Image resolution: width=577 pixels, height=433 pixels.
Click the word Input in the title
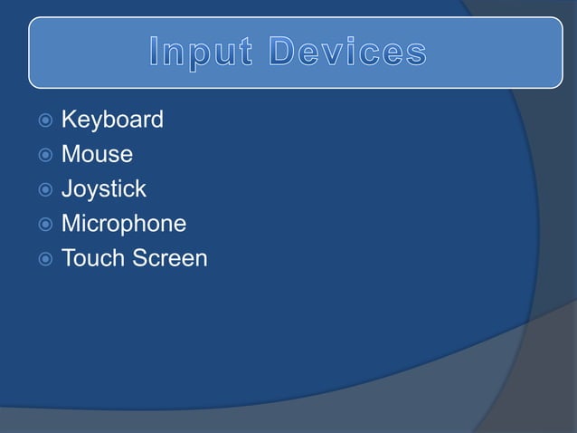click(199, 53)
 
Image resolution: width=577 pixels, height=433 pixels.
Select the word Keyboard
click(112, 120)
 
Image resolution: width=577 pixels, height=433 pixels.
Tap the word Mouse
click(97, 154)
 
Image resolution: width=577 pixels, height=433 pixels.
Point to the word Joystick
click(103, 189)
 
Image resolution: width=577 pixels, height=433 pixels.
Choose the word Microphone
click(124, 224)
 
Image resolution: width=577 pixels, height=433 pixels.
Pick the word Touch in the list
click(93, 258)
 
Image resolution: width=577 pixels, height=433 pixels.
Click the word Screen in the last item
click(170, 258)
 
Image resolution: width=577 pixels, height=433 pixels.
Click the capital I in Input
click(155, 53)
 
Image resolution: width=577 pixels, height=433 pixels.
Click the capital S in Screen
click(141, 258)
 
